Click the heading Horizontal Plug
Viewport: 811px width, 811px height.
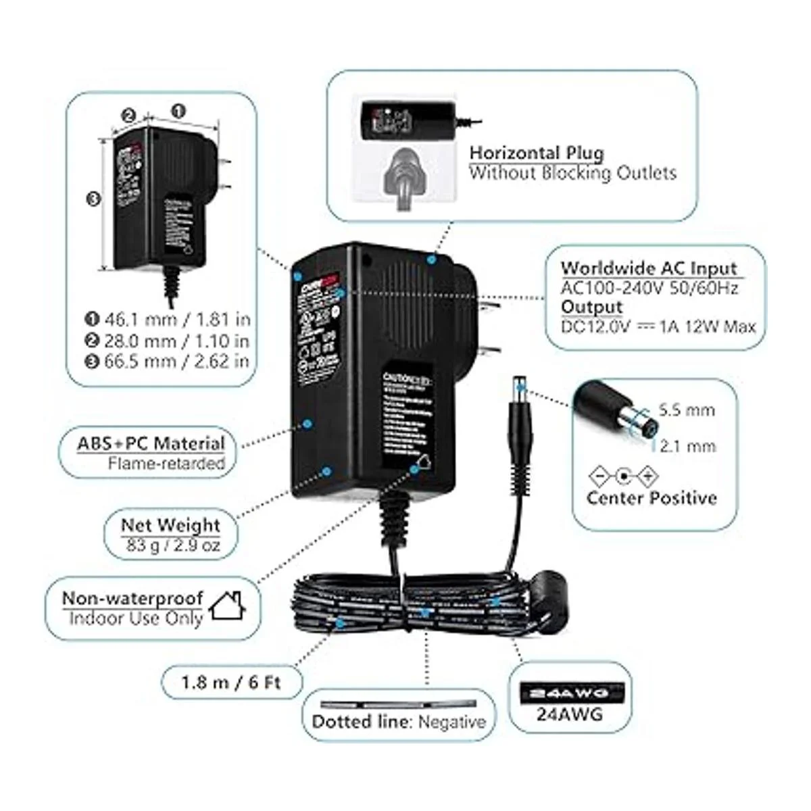coord(537,153)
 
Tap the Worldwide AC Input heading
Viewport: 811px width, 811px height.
coord(648,268)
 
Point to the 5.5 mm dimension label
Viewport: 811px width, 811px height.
coord(687,410)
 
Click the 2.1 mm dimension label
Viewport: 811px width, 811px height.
coord(687,446)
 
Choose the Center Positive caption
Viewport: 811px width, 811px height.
coord(652,499)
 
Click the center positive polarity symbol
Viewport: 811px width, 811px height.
coord(623,477)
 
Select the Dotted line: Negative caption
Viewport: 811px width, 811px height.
coord(399,722)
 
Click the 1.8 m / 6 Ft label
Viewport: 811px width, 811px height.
coord(230,682)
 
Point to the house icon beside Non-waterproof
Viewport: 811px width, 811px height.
coord(226,606)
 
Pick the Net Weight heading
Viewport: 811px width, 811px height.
coord(170,525)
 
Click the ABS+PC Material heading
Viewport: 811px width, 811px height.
coord(151,444)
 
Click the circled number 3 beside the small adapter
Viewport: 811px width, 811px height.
coord(94,199)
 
